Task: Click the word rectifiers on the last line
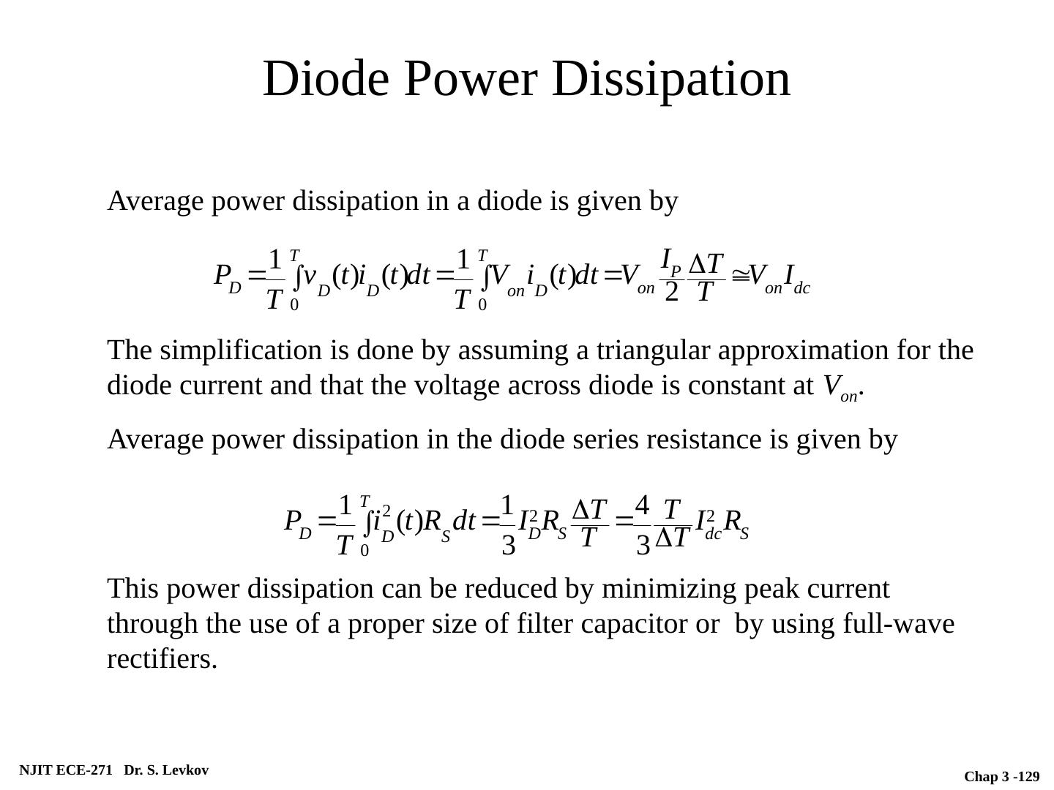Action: tap(162, 660)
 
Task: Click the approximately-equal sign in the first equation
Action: tap(739, 276)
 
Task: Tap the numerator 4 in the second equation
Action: tap(642, 504)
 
